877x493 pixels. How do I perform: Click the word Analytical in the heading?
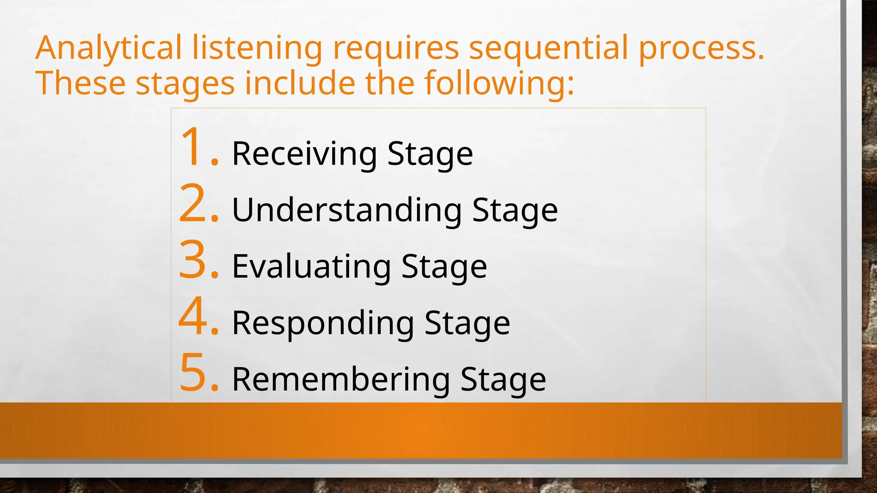[x=109, y=48]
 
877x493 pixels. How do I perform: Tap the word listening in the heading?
[x=257, y=48]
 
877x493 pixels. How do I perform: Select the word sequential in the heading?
[x=549, y=48]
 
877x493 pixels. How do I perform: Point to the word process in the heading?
[x=701, y=48]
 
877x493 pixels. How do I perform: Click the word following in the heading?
[x=499, y=83]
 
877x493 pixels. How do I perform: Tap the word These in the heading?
[x=81, y=83]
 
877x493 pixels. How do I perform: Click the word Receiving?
[x=304, y=154]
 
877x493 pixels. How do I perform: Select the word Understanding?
[x=347, y=211]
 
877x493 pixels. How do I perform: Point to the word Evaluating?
[x=312, y=267]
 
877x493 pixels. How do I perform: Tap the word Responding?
[x=323, y=324]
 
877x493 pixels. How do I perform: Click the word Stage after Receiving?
[x=430, y=154]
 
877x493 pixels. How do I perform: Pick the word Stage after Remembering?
[x=503, y=380]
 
